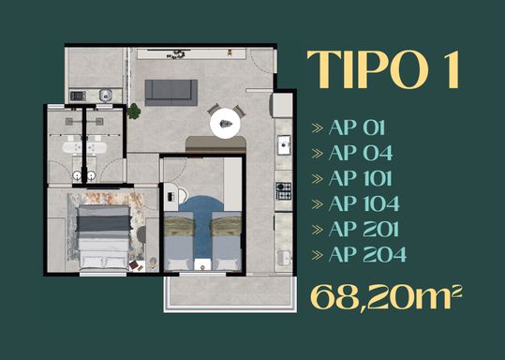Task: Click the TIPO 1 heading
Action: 382,69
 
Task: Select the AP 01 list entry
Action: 357,127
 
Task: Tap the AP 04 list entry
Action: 361,153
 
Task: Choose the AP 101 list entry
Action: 361,178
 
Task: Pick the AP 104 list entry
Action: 364,203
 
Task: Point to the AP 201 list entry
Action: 364,229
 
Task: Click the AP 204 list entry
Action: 367,254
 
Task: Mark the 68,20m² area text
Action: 386,297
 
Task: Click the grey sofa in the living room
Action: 171,93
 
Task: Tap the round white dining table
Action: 225,124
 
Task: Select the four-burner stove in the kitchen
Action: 283,191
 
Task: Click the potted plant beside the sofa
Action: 134,112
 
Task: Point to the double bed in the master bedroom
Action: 104,237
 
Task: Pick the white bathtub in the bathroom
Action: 84,147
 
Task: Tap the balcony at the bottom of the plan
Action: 230,293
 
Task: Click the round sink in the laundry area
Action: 106,95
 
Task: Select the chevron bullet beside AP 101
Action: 317,179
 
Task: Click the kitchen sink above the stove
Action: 284,145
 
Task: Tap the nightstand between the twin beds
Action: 202,264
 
